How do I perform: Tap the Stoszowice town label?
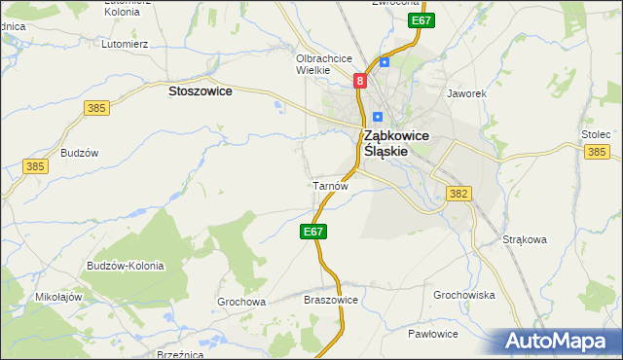click(200, 90)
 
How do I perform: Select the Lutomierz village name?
click(125, 44)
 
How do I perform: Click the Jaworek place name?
click(464, 94)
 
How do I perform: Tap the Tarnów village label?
click(328, 185)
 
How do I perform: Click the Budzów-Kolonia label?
click(126, 266)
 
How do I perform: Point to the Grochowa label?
click(241, 302)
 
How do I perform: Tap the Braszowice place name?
click(332, 301)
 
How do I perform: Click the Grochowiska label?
click(464, 295)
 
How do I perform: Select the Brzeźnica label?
click(179, 354)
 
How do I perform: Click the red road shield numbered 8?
click(360, 82)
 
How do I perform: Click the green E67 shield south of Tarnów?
click(312, 232)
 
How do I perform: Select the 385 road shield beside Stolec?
click(597, 152)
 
